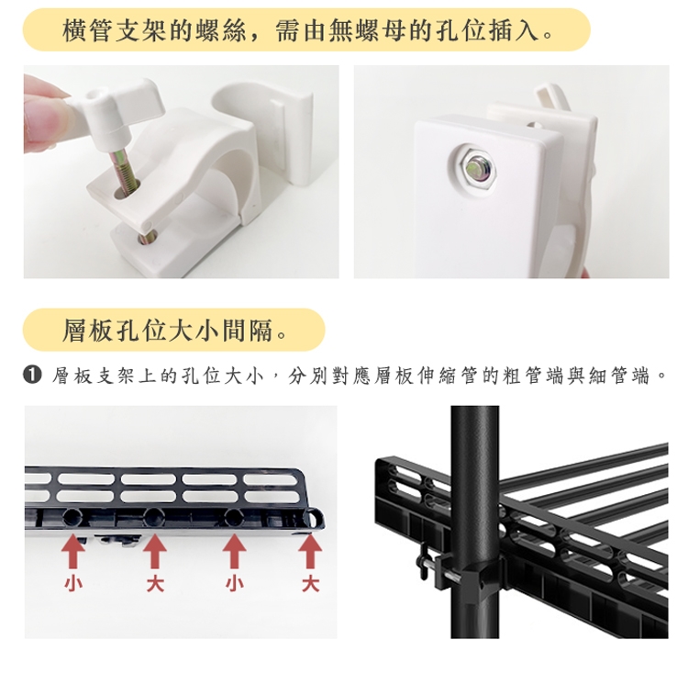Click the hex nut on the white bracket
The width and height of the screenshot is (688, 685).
475,168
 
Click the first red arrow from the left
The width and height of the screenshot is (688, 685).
72,553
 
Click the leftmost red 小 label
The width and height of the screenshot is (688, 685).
72,584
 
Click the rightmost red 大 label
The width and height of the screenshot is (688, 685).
311,584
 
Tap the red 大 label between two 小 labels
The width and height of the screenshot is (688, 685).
155,584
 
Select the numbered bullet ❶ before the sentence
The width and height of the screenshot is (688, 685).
32,376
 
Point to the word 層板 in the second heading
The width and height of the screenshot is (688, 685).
88,331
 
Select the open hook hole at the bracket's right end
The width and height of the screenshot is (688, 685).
314,517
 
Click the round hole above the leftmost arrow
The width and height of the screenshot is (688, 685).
72,518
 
